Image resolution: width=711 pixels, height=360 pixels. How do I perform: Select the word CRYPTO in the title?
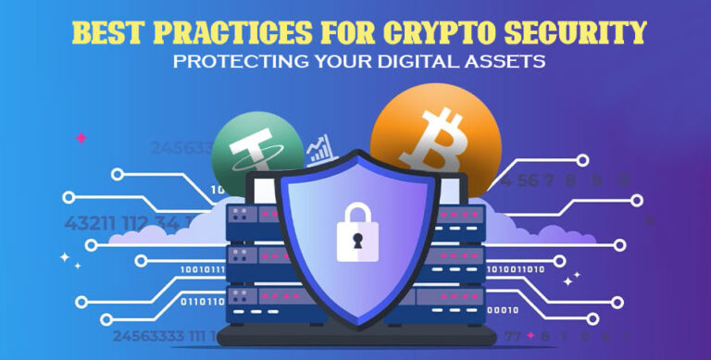click(462, 33)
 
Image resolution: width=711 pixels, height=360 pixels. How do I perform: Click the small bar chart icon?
click(319, 151)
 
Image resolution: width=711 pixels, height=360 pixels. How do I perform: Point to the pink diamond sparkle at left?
click(81, 138)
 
